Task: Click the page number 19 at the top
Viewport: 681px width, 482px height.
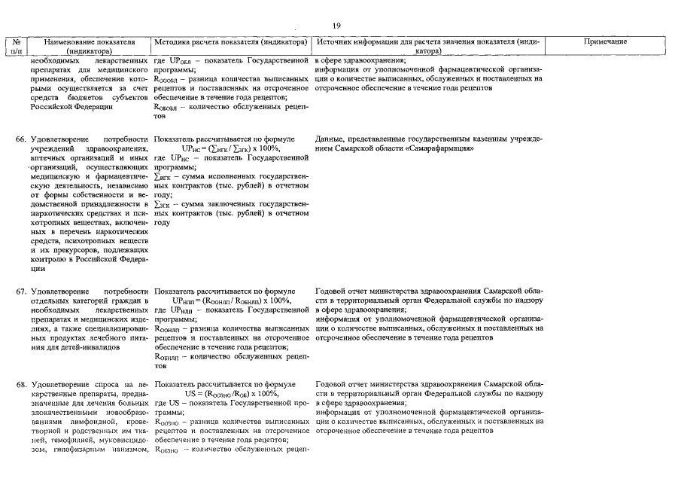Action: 336,26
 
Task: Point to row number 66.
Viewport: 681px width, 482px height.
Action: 21,140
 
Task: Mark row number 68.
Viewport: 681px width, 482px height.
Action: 21,384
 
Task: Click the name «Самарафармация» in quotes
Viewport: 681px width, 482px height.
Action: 438,149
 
